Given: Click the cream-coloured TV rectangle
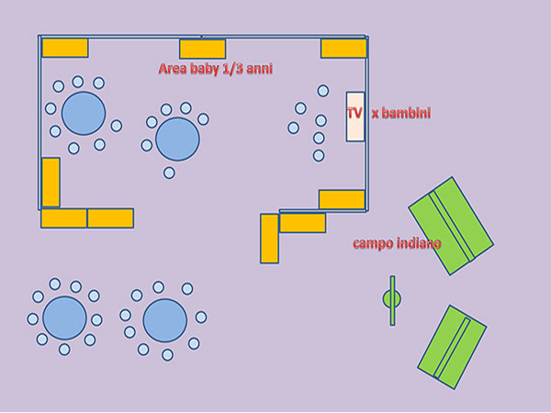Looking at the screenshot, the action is tap(355, 117).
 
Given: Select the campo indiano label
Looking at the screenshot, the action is tap(397, 243).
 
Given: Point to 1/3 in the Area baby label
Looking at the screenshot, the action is tap(233, 69).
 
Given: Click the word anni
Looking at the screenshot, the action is tap(259, 69).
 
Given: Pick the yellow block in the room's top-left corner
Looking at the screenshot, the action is tap(65, 48).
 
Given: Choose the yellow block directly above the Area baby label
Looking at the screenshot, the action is tap(202, 50).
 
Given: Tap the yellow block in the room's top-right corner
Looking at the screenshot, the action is tap(343, 49).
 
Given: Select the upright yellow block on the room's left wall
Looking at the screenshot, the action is tap(51, 183).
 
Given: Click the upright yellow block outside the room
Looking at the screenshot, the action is tap(269, 239).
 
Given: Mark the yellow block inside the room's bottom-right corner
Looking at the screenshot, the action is tap(342, 199).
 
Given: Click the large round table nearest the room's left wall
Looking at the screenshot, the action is tap(84, 114).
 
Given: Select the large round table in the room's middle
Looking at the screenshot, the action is tap(177, 140).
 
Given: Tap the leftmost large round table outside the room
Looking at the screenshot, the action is tap(64, 318).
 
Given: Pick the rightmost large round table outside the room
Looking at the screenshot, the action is tap(164, 320).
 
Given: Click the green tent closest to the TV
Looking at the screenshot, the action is tap(451, 226).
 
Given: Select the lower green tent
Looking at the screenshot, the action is tap(452, 347).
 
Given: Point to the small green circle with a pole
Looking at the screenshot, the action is tap(392, 299).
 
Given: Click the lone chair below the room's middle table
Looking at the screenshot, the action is tap(169, 173).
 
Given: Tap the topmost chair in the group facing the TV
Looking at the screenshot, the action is tap(323, 91).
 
